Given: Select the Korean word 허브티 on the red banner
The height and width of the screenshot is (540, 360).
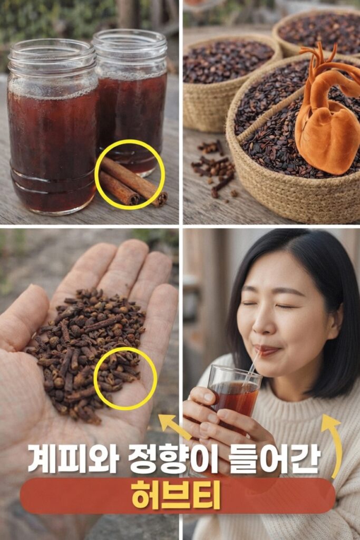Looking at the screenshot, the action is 176,495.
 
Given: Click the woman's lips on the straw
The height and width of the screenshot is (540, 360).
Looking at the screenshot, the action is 267,351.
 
